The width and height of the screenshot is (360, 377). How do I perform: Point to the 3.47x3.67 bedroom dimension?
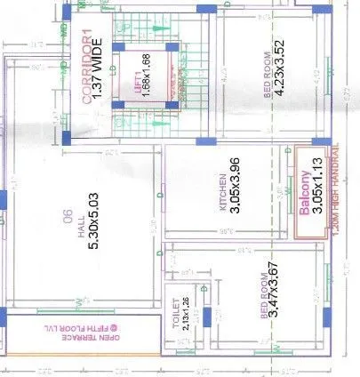(x=278, y=291)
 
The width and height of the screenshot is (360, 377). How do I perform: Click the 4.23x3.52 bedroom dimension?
(x=279, y=78)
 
